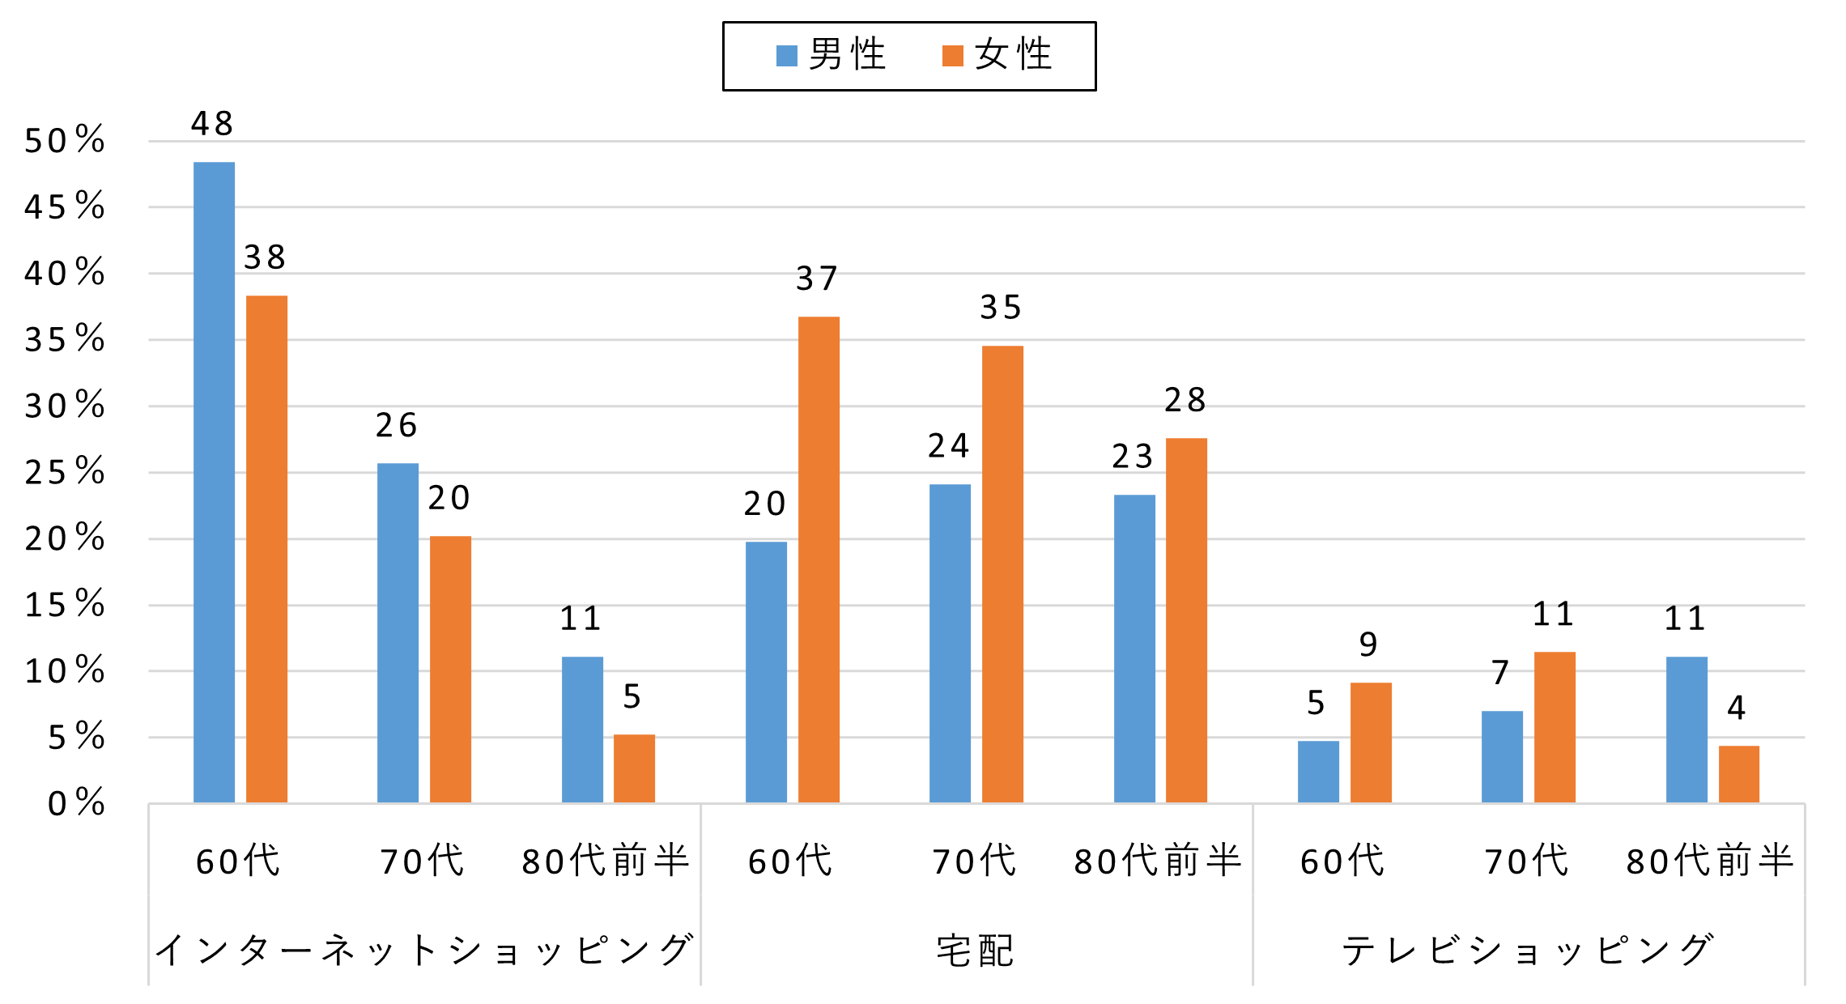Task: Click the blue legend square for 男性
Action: tap(786, 56)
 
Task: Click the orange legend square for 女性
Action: tap(953, 56)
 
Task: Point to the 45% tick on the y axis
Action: tap(64, 207)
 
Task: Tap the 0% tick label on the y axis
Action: tap(75, 803)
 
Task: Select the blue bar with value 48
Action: tap(214, 483)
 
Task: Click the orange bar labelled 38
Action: tap(266, 549)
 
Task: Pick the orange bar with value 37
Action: tap(819, 559)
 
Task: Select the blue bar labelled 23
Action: tap(1134, 649)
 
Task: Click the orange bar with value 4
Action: tap(1738, 774)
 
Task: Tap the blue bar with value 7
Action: tap(1502, 757)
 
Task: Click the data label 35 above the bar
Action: tap(1001, 308)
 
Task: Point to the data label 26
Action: tap(396, 426)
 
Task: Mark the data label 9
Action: tap(1368, 645)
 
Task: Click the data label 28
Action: tap(1185, 400)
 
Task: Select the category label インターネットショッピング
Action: tap(424, 951)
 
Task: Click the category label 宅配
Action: tap(976, 951)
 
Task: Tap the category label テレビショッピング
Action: tap(1528, 951)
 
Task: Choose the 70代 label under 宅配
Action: tap(974, 861)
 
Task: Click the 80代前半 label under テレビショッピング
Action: tap(1710, 861)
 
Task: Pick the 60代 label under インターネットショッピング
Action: tap(238, 861)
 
